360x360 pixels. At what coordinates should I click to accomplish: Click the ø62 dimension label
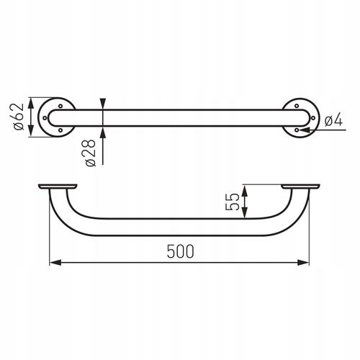click(x=19, y=117)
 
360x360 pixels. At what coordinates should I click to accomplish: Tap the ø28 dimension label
click(x=91, y=153)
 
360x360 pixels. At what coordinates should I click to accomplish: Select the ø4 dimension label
click(x=333, y=120)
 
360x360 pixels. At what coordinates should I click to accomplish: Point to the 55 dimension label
click(x=233, y=202)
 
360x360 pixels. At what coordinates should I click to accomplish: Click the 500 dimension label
click(x=180, y=251)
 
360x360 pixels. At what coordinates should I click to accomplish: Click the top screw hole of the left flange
click(x=60, y=106)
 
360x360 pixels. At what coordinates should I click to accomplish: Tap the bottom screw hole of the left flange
click(x=60, y=130)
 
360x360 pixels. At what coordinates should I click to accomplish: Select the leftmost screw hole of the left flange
click(x=45, y=118)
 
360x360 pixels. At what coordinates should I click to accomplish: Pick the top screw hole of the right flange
click(x=297, y=106)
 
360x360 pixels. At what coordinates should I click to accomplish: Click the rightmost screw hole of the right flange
click(x=312, y=118)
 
